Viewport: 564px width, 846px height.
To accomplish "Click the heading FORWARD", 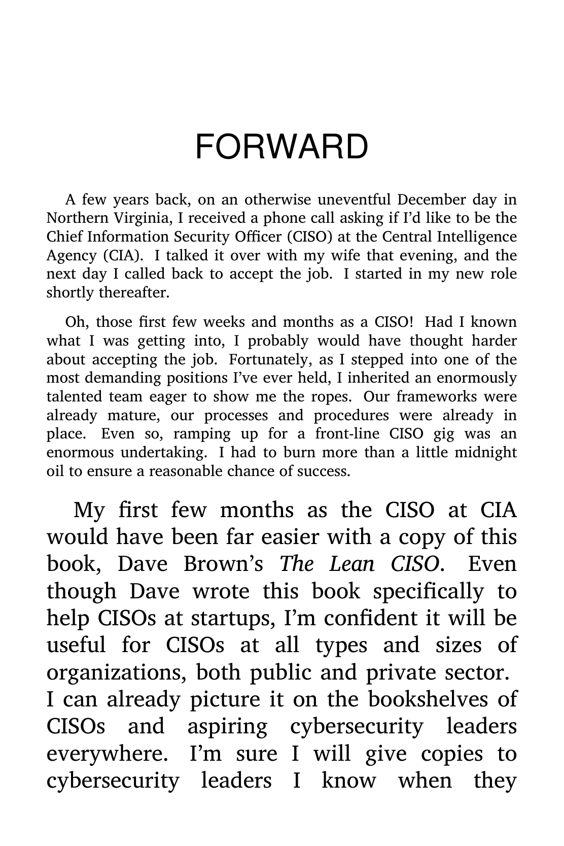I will click(x=281, y=147).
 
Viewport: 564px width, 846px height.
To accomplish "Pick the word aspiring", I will click(x=227, y=727).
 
